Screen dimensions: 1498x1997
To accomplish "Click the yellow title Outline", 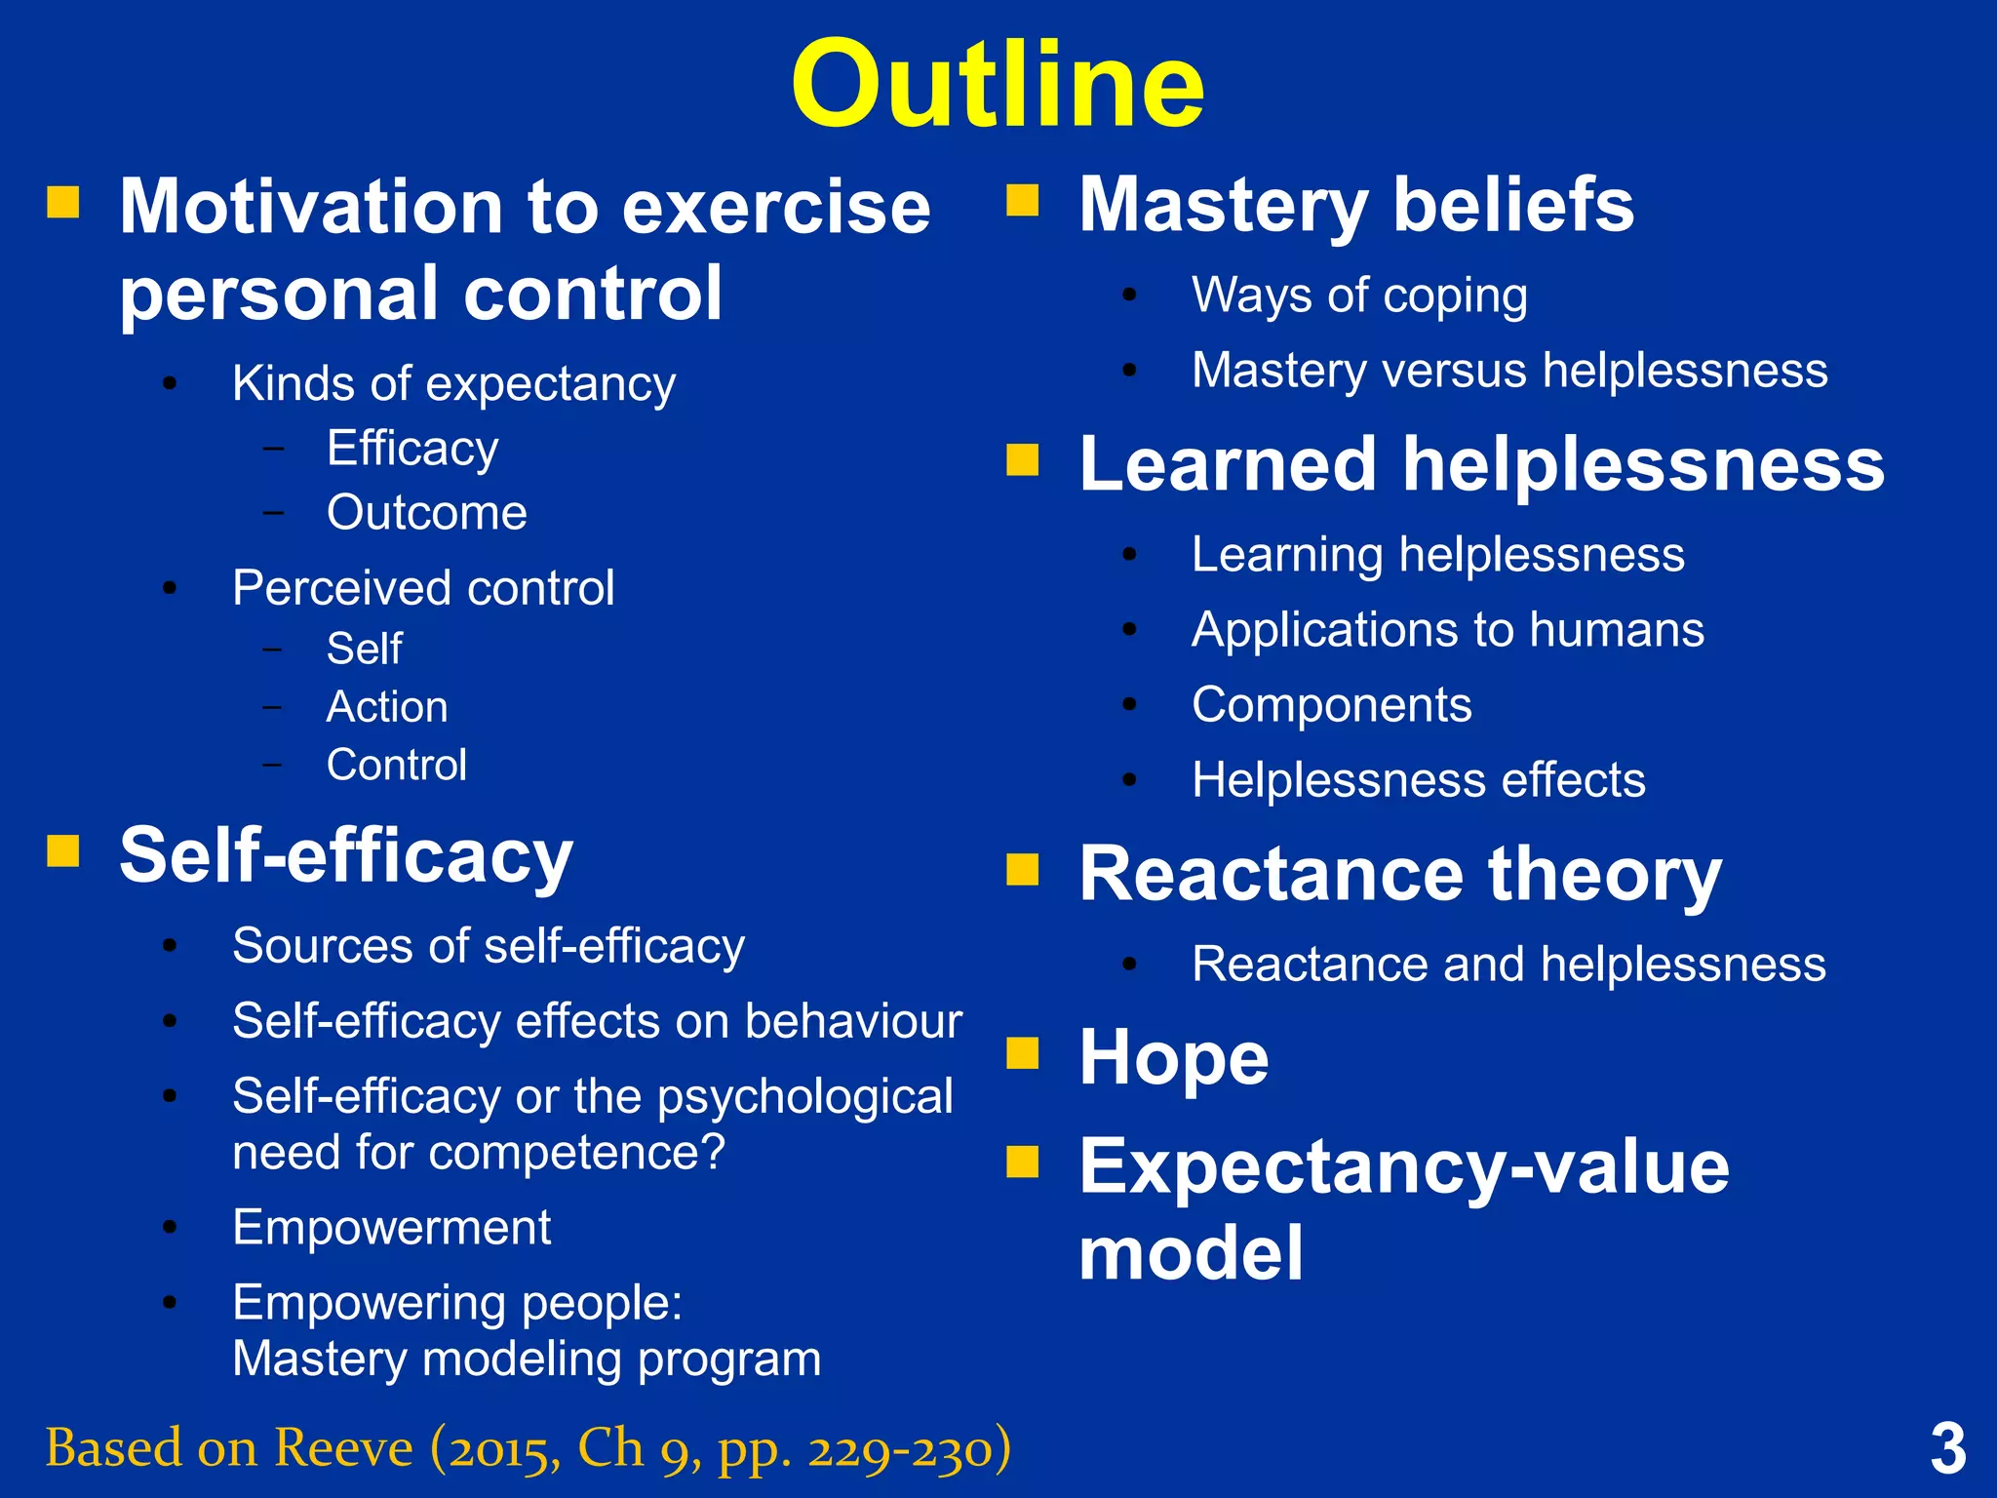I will pos(998,85).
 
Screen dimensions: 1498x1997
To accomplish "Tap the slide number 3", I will pos(1947,1449).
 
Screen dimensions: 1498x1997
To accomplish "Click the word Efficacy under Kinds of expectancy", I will pos(412,450).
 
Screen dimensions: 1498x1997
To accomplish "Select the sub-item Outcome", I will pos(426,513).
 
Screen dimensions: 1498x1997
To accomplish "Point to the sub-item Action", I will pos(387,707).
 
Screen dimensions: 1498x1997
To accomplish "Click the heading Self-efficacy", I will pos(346,855).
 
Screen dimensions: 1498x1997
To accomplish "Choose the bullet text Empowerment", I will pos(391,1227).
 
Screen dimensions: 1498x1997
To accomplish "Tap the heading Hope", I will pos(1173,1057).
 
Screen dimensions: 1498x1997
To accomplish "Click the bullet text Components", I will pos(1331,705).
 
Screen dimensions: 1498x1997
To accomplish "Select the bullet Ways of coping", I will pos(1359,296).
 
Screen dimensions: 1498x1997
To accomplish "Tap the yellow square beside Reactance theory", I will pos(1023,868).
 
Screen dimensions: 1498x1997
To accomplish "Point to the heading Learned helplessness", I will pos(1481,464).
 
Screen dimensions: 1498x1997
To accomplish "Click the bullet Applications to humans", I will pos(1447,630).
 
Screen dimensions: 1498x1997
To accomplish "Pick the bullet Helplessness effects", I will pos(1418,780).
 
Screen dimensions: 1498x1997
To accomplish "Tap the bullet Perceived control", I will pos(423,588).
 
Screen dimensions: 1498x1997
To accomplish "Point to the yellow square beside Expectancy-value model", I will pos(1023,1162).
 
